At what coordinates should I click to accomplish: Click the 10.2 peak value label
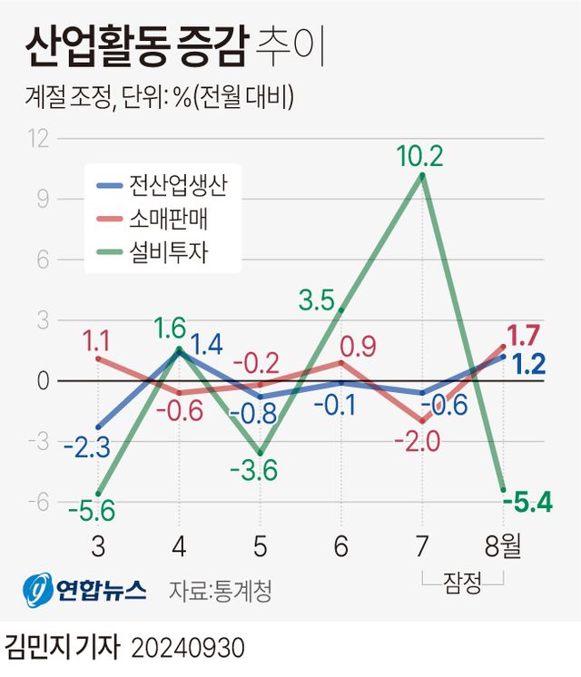coord(419,157)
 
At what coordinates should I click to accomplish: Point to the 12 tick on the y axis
coord(37,139)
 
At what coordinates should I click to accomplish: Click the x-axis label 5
coord(260,548)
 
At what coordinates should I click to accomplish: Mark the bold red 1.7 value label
coord(524,334)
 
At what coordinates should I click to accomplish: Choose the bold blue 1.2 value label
coord(527,365)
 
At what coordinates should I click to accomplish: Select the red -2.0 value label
coord(418,442)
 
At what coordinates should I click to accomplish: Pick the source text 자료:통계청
coord(221,592)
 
